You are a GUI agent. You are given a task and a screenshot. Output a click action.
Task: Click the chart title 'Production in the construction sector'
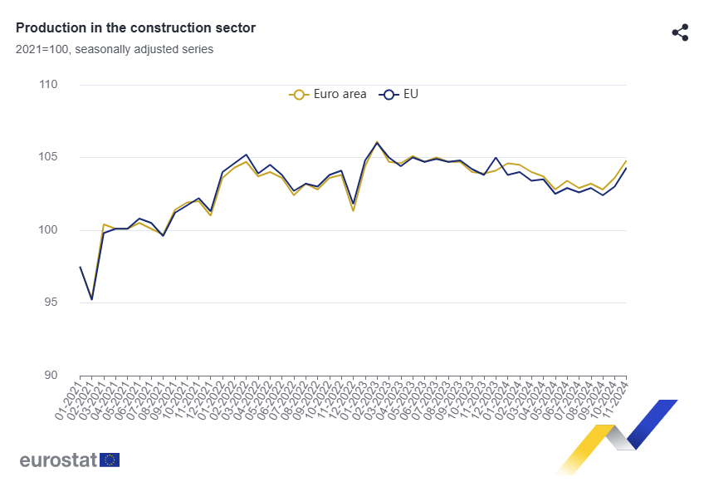tap(135, 28)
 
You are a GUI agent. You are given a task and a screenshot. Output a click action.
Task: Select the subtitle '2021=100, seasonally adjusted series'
tap(114, 49)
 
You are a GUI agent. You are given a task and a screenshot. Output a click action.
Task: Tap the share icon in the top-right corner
tap(680, 32)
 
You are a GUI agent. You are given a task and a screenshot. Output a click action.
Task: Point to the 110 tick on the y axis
tap(47, 85)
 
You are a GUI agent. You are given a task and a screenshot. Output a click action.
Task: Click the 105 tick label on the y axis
tap(47, 157)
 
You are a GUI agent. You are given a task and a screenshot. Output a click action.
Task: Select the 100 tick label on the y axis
tap(47, 230)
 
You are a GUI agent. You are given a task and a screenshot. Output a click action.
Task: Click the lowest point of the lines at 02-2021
tap(91, 299)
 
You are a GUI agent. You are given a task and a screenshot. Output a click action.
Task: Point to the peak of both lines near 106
tap(377, 143)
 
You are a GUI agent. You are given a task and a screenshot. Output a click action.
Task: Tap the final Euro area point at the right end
tap(626, 160)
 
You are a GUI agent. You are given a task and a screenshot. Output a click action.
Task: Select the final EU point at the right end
tap(626, 169)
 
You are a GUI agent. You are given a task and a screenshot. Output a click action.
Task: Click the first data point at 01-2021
tap(80, 267)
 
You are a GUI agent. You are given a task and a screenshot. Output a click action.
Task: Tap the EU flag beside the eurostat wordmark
tap(110, 460)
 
